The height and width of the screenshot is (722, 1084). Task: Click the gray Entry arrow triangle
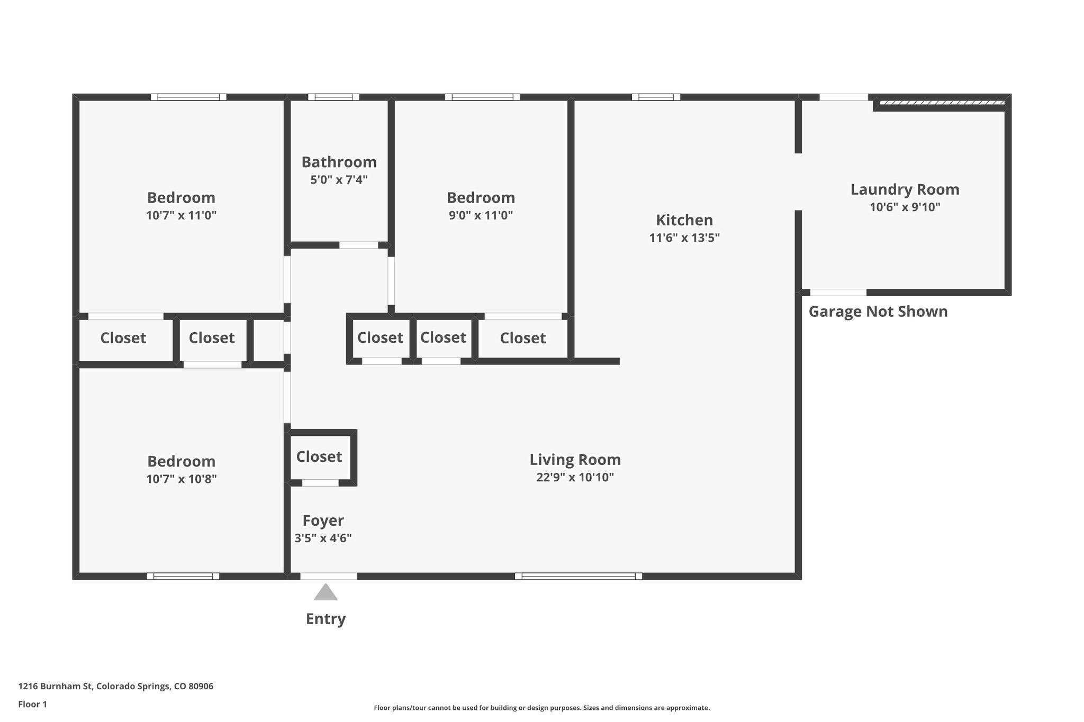tap(326, 593)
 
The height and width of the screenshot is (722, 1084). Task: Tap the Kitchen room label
tap(684, 220)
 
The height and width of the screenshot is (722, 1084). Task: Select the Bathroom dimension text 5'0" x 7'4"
tap(339, 180)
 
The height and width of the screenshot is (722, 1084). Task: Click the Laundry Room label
tap(905, 189)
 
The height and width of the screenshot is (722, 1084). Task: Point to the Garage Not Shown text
tap(878, 312)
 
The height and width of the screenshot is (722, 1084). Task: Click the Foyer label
tap(323, 520)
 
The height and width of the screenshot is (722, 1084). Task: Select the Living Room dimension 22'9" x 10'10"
tap(575, 477)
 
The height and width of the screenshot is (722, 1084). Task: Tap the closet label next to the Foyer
tap(319, 456)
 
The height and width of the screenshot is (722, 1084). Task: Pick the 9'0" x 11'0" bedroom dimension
tap(481, 215)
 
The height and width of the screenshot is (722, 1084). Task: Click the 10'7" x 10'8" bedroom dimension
tap(181, 479)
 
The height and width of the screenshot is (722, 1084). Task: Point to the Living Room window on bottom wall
tap(578, 576)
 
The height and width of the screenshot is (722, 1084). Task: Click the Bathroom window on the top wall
tap(333, 97)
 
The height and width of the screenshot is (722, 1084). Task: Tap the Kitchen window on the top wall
tap(655, 97)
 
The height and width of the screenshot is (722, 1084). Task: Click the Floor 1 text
tap(32, 704)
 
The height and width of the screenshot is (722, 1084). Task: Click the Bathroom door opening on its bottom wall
tap(358, 245)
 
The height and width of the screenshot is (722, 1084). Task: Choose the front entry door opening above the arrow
tap(328, 576)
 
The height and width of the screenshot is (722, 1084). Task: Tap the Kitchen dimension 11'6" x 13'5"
tap(684, 238)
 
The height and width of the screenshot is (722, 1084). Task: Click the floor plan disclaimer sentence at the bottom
tap(541, 708)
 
